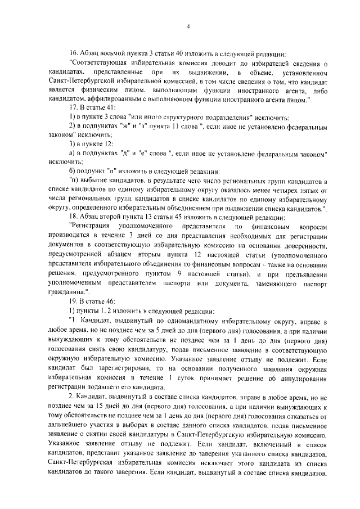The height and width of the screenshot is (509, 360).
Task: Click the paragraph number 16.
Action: click(72, 55)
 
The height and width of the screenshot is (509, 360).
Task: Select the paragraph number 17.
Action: click(72, 109)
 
